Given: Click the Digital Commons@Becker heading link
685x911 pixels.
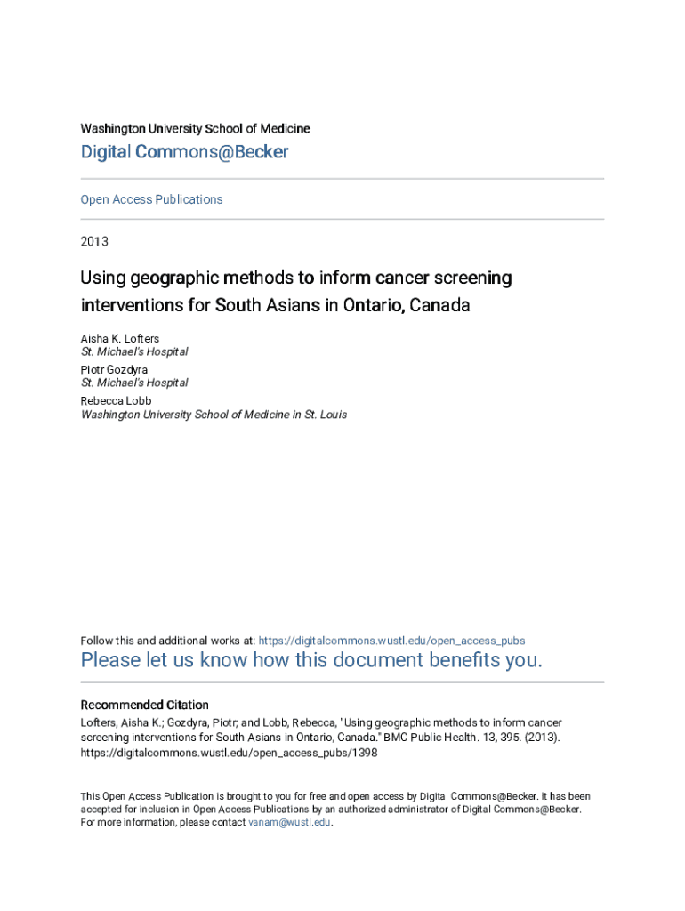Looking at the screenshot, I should tap(184, 152).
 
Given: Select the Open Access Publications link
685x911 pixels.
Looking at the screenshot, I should tap(151, 199).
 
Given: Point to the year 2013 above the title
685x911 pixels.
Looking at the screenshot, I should tap(94, 241).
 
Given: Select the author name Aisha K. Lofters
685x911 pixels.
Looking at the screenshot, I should tap(120, 339).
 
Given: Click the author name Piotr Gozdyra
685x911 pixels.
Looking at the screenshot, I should tap(114, 369).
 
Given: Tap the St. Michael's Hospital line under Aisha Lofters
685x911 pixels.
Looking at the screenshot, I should tap(133, 352).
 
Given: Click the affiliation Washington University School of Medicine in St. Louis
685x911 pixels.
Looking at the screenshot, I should tap(214, 415).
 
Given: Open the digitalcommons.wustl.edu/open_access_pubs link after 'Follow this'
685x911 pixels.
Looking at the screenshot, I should tap(391, 641).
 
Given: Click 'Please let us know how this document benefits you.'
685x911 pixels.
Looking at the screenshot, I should tap(310, 660).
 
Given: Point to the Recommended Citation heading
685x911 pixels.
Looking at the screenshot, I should tap(144, 705).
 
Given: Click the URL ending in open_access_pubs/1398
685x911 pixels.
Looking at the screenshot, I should tap(229, 753).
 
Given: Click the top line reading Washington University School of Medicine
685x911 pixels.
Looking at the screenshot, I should tap(195, 129).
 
